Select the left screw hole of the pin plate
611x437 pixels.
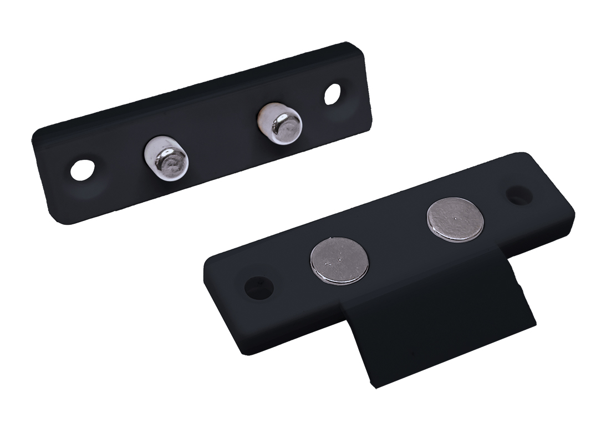83,170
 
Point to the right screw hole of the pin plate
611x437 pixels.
333,94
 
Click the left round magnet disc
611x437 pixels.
339,260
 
